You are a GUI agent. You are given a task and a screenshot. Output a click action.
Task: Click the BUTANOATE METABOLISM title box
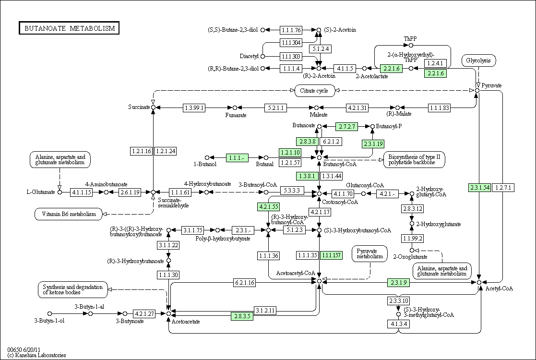tap(69, 28)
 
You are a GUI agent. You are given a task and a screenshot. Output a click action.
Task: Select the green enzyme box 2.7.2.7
tap(346, 127)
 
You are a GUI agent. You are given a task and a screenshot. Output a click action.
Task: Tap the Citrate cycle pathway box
tap(314, 91)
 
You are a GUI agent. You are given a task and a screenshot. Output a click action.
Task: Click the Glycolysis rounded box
tap(478, 60)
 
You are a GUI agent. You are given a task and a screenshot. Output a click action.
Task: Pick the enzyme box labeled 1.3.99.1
tap(194, 108)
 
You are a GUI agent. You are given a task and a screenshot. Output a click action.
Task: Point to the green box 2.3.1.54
tap(480, 187)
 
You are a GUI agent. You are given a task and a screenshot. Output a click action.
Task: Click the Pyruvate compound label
tap(491, 85)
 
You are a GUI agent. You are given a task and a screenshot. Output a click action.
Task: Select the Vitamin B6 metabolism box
tap(69, 214)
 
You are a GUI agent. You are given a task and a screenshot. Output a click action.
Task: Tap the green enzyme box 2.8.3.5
tap(242, 316)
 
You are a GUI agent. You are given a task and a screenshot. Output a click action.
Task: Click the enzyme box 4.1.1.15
tap(82, 192)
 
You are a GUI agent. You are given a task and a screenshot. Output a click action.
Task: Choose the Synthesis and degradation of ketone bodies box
tap(72, 289)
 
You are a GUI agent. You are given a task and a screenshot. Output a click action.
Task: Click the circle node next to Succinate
tap(154, 108)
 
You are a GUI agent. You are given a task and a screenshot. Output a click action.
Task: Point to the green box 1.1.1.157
tap(331, 255)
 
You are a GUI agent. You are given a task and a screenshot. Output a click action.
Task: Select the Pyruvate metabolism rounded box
tap(370, 253)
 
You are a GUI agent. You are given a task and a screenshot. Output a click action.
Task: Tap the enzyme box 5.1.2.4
tap(320, 49)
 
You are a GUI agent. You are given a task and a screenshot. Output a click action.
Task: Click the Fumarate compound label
tap(236, 115)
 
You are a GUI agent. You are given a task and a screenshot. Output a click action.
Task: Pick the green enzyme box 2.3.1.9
tap(399, 282)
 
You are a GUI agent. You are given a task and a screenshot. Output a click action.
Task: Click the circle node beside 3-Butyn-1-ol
tap(49, 313)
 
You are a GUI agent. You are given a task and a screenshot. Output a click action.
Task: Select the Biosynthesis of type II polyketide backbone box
tap(414, 160)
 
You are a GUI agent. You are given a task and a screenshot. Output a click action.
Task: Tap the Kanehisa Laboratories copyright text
tap(36, 355)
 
